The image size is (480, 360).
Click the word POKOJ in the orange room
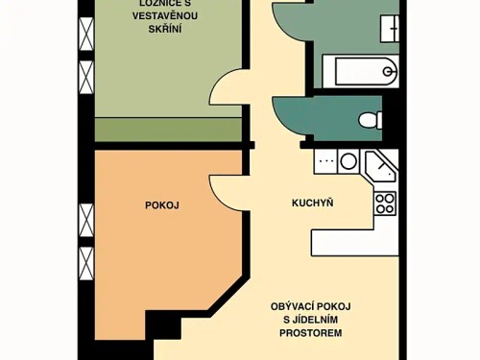tap(162, 204)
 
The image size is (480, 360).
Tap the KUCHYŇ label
tap(312, 203)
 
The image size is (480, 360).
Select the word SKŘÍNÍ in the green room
tap(165, 30)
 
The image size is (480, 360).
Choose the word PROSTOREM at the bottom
tap(312, 333)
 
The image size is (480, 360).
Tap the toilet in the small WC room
tap(371, 120)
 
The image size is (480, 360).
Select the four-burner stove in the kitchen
tap(385, 203)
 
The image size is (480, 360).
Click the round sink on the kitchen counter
tap(348, 161)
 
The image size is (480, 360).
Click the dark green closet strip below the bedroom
tap(168, 130)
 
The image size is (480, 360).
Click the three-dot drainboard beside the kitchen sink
tap(325, 161)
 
